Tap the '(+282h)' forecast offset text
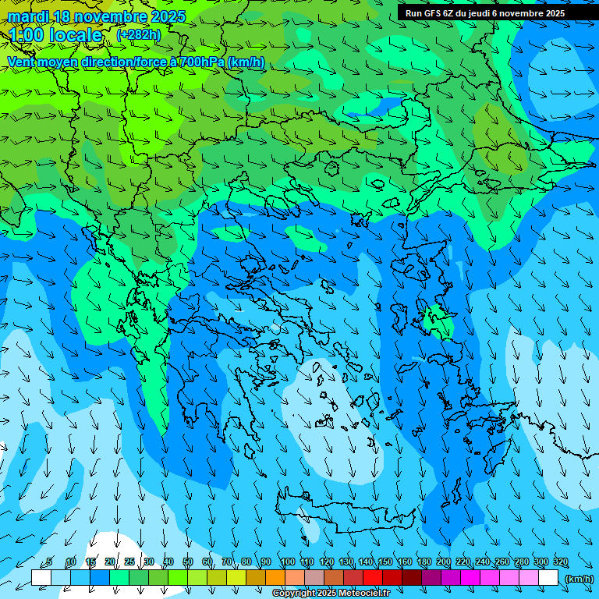[x=138, y=34]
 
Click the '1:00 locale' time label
[x=55, y=35]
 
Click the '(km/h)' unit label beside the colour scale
[x=579, y=579]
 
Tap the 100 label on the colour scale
[x=287, y=562]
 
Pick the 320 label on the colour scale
[x=561, y=562]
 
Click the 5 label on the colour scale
[x=49, y=562]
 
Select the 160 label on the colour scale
[x=404, y=562]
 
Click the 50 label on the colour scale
[x=188, y=562]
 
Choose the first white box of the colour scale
[x=41, y=578]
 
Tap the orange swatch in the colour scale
[x=275, y=578]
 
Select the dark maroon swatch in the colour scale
[x=412, y=578]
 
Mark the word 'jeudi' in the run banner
[x=477, y=13]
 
